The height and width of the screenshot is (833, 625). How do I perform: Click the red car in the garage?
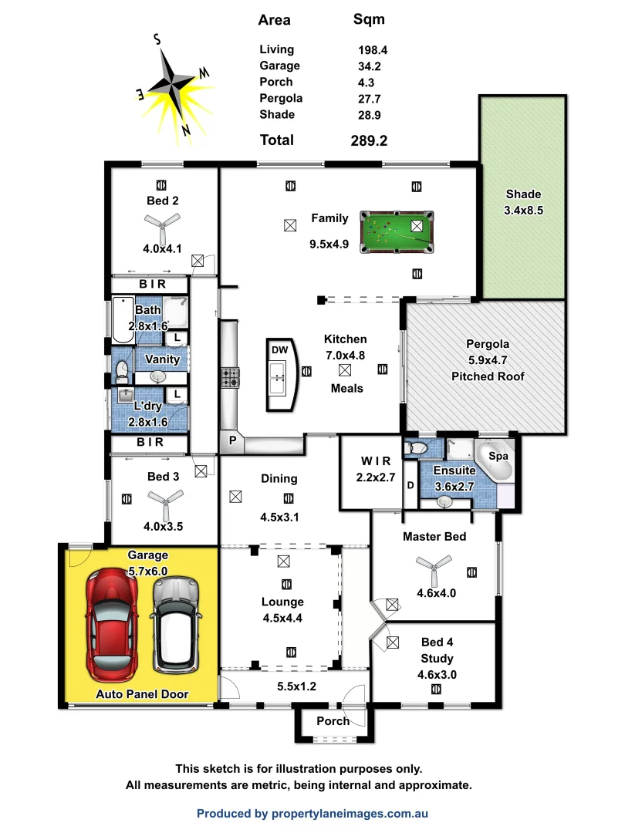click(112, 625)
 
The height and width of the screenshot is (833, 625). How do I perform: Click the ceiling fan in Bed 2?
click(163, 223)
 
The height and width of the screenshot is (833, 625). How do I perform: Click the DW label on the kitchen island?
click(279, 349)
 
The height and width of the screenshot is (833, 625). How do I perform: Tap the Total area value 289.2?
click(369, 140)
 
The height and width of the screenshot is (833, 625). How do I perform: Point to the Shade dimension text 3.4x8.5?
click(524, 210)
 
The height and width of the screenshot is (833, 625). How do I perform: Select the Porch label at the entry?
click(333, 721)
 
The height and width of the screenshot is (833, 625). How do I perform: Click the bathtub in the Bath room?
click(122, 321)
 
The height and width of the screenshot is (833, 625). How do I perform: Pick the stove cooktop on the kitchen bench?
click(231, 378)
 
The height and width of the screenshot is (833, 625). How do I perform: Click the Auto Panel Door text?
click(142, 694)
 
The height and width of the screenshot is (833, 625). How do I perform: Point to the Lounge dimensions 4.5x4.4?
click(282, 617)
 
